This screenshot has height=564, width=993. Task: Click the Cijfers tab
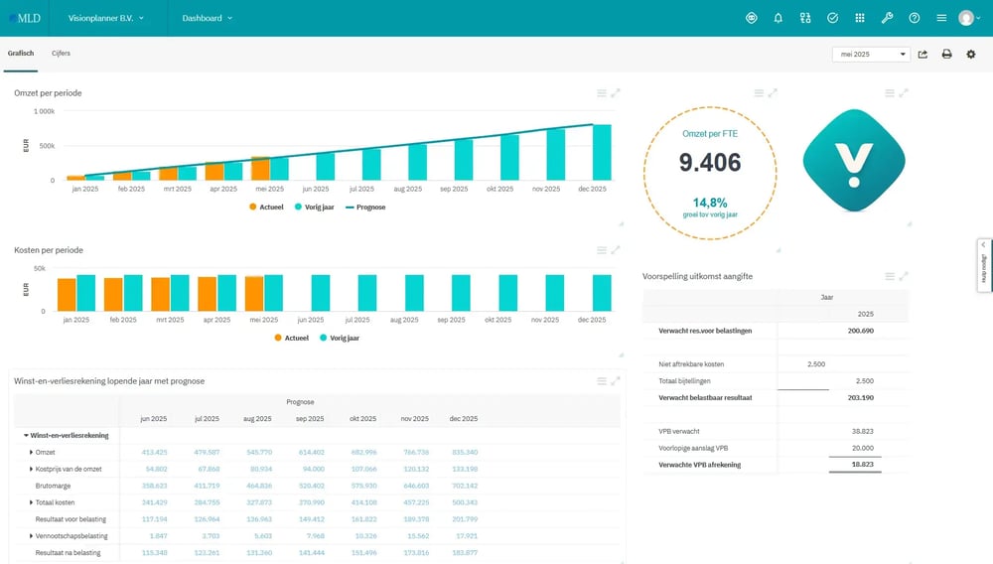[x=61, y=54]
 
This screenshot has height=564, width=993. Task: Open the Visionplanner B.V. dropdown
[x=105, y=18]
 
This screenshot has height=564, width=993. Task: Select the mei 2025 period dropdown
[x=870, y=55]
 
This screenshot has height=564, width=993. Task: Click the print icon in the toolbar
[x=946, y=55]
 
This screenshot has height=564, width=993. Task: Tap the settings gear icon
[x=971, y=55]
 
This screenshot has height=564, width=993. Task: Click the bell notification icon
[x=778, y=18]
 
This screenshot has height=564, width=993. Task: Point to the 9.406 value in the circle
[x=709, y=163]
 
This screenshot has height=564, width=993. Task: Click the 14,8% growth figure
[x=709, y=202]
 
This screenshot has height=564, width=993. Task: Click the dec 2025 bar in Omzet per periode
[x=602, y=152]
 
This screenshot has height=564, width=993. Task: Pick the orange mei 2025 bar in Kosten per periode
[x=254, y=294]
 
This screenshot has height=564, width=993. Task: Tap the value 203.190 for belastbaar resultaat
[x=859, y=397]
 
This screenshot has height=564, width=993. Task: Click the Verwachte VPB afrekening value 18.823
[x=859, y=464]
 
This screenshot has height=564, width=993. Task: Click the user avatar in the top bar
[x=966, y=18]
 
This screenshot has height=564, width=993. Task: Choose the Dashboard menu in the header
[x=207, y=18]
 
